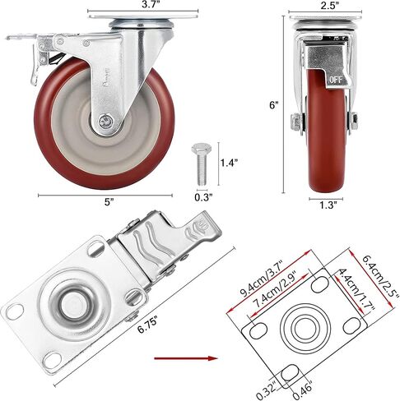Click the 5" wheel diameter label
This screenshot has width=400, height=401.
[109, 202]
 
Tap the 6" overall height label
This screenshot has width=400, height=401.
[273, 105]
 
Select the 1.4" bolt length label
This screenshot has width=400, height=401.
[229, 163]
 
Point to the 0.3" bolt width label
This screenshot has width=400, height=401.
[203, 197]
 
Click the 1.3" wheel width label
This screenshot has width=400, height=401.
[328, 205]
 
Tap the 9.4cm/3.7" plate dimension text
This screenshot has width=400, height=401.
[262, 279]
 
